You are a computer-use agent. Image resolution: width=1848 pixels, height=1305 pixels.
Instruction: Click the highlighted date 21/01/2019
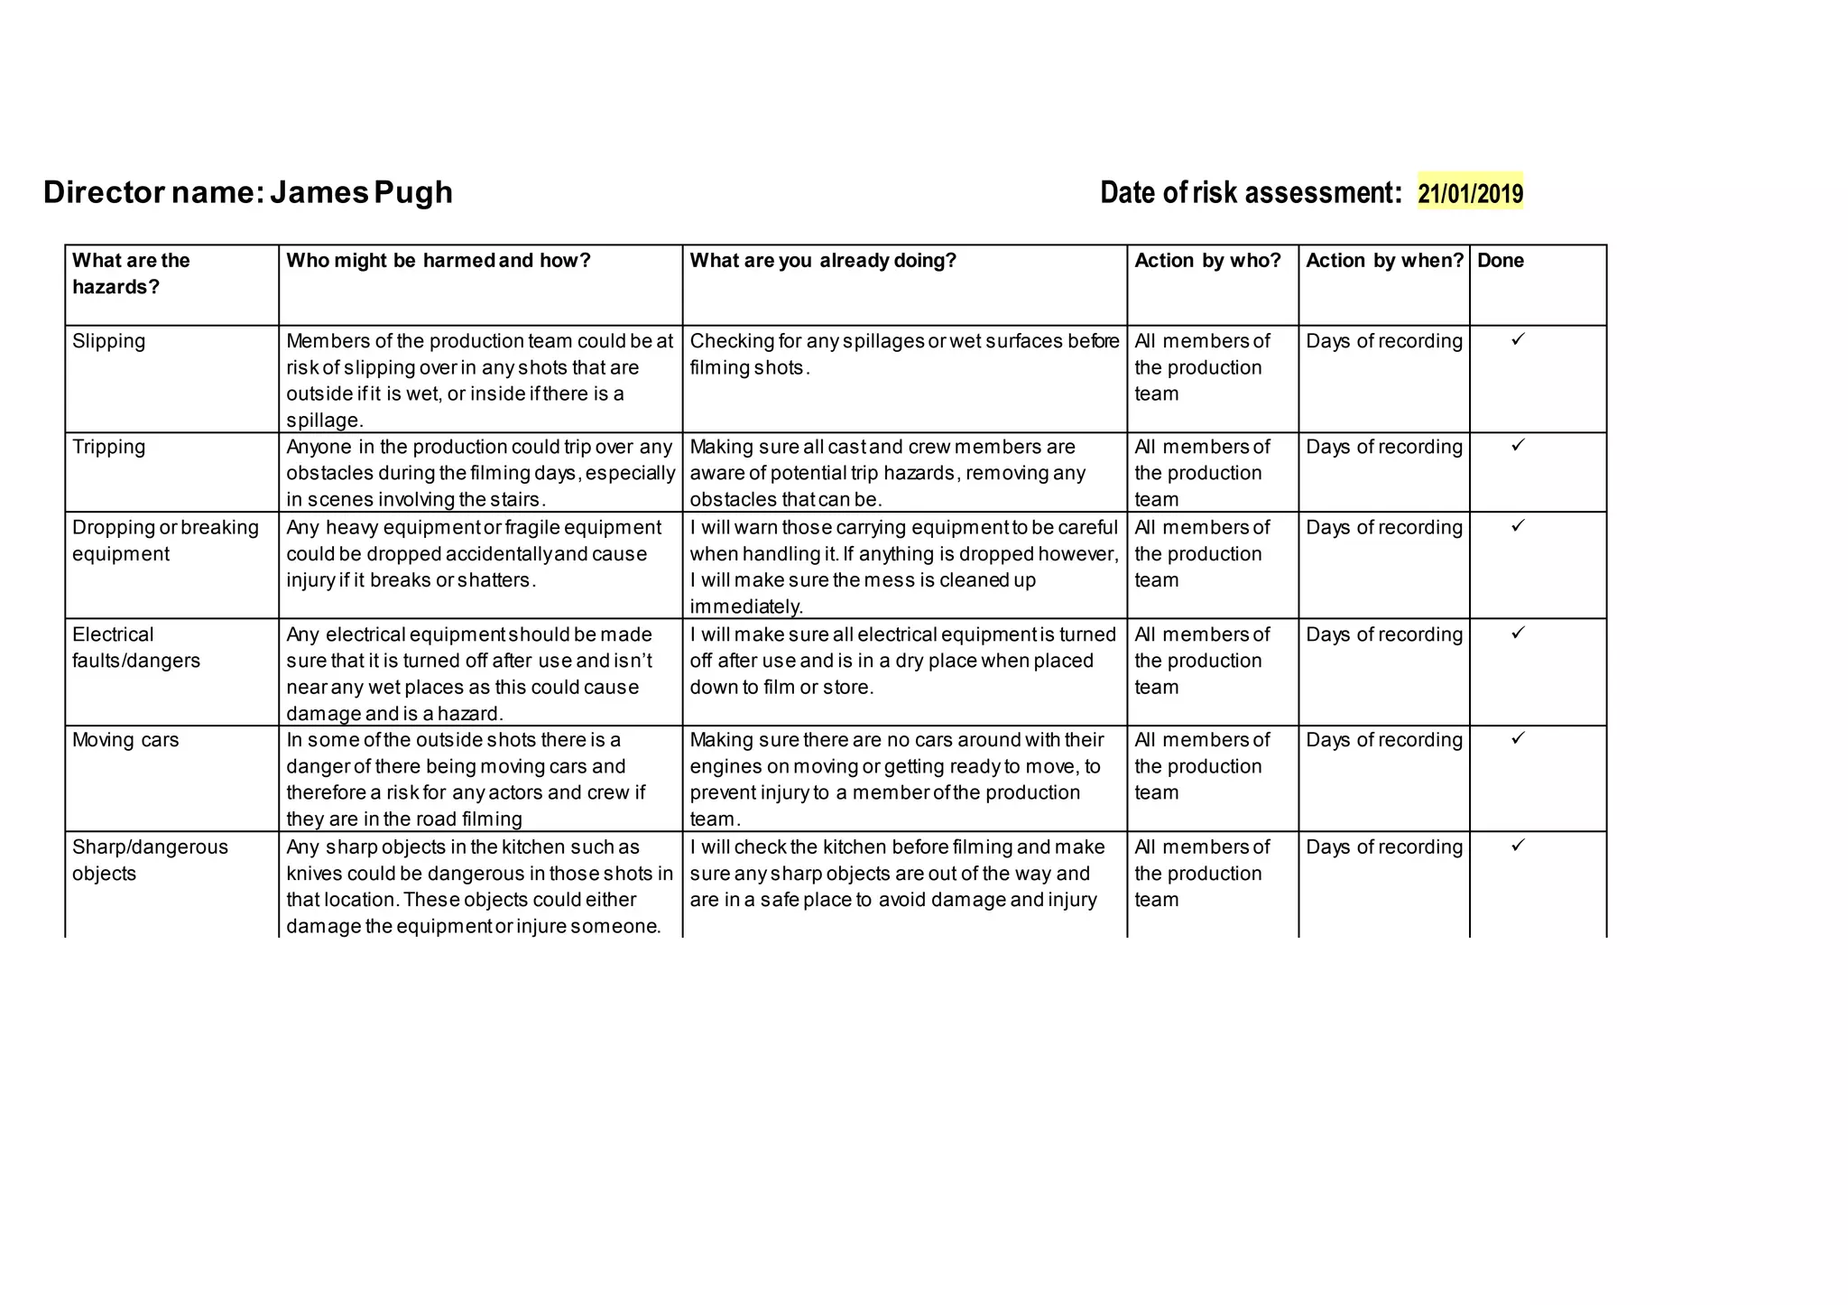[1470, 193]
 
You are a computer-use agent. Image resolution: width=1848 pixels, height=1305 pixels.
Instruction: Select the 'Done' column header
[1500, 261]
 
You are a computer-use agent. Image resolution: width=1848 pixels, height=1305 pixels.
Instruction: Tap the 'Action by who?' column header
[1207, 261]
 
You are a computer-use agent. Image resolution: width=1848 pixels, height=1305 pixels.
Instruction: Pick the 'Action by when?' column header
[1384, 261]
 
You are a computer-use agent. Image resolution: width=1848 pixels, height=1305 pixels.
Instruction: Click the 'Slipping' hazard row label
[108, 341]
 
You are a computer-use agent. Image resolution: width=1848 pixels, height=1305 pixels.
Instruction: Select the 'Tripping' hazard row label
[108, 447]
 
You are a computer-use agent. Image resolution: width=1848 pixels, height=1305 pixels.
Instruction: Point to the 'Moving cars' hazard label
[125, 740]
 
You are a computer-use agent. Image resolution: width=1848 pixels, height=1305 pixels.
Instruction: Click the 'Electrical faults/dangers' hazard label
[135, 647]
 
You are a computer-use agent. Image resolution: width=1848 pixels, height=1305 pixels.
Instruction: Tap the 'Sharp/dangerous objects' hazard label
[150, 860]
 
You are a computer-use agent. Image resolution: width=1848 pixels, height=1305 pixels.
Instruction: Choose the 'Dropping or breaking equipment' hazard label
[165, 541]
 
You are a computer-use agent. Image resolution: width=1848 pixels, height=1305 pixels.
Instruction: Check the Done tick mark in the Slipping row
[1518, 339]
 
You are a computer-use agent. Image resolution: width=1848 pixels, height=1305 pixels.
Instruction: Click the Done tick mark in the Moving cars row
[1518, 738]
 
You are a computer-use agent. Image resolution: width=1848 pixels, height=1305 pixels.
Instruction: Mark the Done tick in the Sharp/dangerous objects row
[1518, 845]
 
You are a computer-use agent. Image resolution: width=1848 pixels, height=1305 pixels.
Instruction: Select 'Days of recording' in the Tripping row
[1383, 447]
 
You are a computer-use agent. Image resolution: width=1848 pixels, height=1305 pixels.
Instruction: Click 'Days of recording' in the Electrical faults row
[1383, 634]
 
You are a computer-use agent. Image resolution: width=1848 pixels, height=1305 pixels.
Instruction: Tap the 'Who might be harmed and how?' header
[438, 261]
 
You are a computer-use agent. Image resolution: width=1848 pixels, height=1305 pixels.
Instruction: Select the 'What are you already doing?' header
[822, 261]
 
